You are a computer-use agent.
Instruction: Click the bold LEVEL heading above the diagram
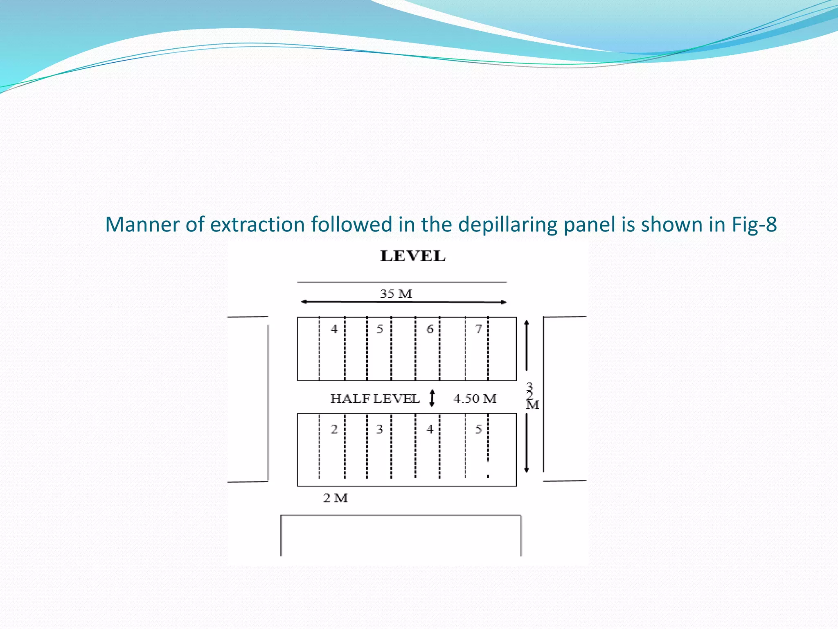(412, 256)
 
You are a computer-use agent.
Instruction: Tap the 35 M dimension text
(396, 294)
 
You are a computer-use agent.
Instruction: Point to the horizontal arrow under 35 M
(403, 302)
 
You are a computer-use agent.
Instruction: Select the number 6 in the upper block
(430, 329)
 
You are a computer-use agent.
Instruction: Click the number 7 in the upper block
(478, 329)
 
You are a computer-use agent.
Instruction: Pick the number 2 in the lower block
(334, 429)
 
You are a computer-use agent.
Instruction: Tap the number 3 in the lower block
(380, 429)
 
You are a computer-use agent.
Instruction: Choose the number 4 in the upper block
(334, 329)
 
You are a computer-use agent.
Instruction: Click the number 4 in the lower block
(430, 429)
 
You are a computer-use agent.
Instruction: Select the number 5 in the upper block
(380, 329)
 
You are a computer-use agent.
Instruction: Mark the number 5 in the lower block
(478, 429)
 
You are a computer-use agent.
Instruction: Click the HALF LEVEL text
(375, 398)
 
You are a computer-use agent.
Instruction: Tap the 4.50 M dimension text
(475, 398)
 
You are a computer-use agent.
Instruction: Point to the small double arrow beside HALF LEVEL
(432, 398)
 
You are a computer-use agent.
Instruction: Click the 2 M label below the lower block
(336, 498)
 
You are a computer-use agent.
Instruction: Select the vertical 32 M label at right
(531, 396)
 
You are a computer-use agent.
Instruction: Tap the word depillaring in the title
(507, 224)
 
